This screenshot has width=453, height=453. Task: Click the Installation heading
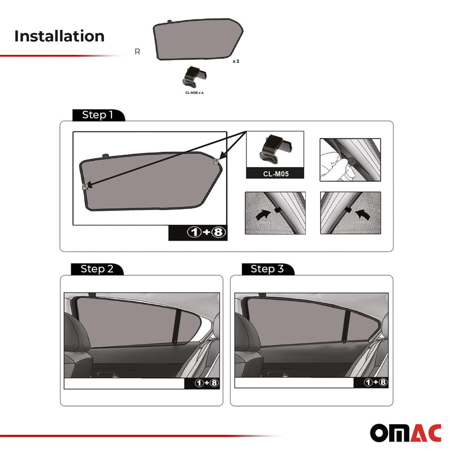click(x=59, y=36)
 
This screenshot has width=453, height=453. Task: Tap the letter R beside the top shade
click(x=138, y=52)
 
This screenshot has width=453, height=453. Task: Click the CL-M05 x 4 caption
click(x=194, y=92)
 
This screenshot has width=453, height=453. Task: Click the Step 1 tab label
click(x=97, y=115)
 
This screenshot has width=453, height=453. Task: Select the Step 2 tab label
click(x=97, y=269)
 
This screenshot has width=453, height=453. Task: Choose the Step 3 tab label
click(x=267, y=269)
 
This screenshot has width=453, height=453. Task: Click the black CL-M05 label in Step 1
click(x=275, y=174)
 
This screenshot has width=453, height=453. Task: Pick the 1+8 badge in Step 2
click(x=202, y=383)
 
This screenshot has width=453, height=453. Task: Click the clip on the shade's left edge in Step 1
click(x=84, y=186)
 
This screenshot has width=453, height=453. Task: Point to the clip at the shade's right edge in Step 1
click(x=216, y=162)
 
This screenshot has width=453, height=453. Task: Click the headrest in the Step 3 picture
click(x=247, y=334)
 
